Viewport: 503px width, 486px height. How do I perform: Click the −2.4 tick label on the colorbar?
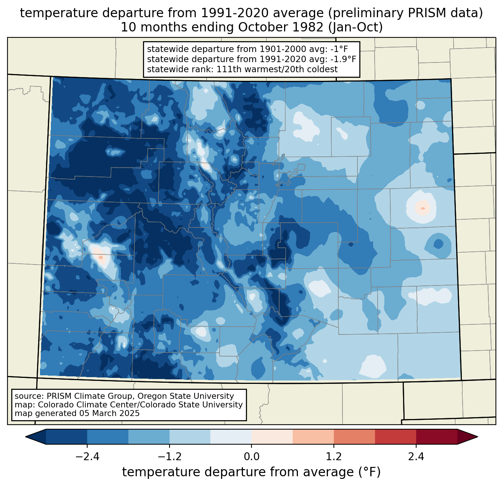(87, 457)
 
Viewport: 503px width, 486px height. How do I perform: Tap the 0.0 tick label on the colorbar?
(251, 457)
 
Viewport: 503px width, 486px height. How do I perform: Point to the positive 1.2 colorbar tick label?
(334, 457)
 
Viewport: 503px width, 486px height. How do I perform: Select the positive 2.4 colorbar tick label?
(416, 457)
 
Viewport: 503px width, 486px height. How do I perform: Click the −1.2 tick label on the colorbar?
(170, 457)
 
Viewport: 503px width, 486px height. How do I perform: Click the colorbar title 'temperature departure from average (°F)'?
(251, 472)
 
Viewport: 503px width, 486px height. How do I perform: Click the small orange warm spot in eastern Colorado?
(423, 208)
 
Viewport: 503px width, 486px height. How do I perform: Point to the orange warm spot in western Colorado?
(100, 257)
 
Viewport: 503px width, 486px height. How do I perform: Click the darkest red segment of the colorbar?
(436, 437)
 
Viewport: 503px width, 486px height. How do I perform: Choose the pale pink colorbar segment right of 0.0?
(272, 437)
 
